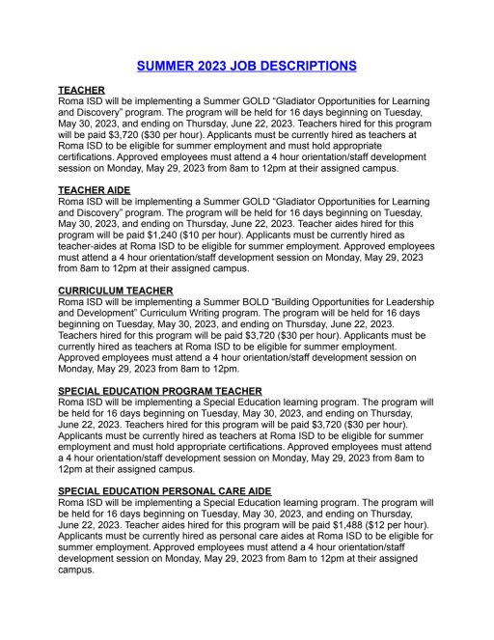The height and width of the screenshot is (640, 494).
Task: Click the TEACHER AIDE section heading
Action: pyautogui.click(x=95, y=189)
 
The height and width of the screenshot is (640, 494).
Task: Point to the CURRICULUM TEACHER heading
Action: pyautogui.click(x=116, y=290)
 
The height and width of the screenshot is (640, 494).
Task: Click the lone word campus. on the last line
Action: pyautogui.click(x=79, y=570)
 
